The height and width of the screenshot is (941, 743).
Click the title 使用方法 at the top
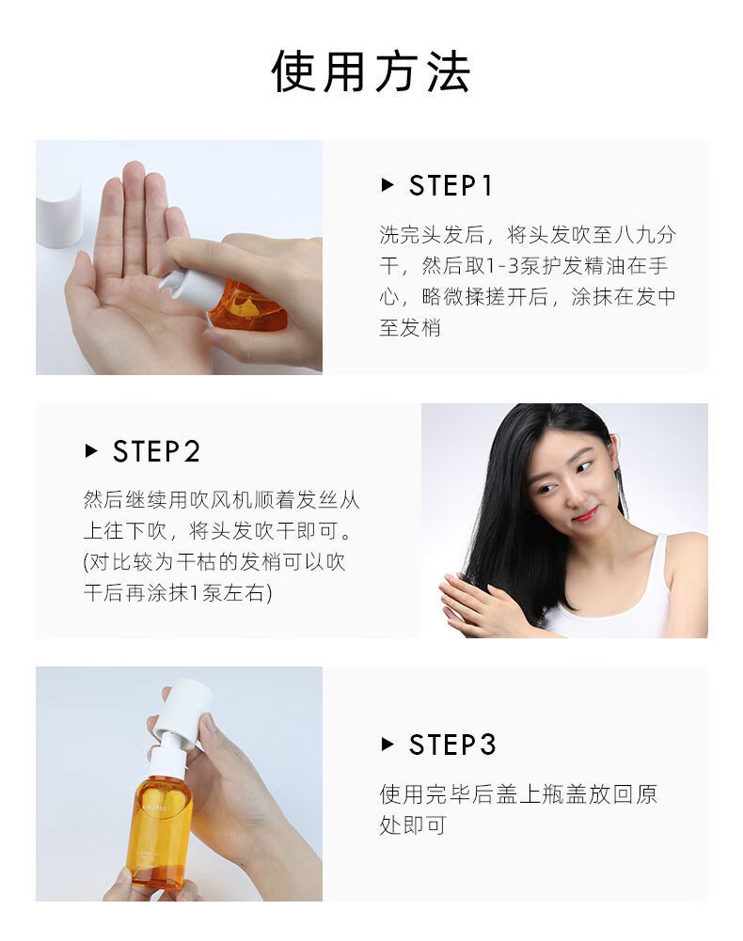coord(371,71)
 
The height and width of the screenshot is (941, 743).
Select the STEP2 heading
coord(156,452)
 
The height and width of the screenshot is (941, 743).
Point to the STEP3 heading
coord(451,745)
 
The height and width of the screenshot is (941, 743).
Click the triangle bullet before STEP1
coord(387,186)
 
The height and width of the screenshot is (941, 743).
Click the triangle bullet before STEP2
coord(91,452)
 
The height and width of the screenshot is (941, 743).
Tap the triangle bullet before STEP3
coord(387,745)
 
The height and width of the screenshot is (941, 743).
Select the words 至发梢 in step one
coord(410,328)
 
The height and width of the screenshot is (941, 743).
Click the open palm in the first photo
coord(132,301)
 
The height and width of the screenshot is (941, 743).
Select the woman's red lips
coord(585,514)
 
